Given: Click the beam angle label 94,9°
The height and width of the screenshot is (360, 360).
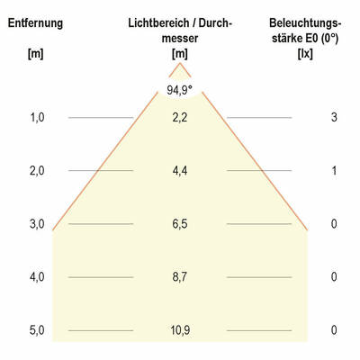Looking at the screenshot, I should (179, 89).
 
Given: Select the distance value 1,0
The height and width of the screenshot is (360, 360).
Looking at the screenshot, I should (37, 118).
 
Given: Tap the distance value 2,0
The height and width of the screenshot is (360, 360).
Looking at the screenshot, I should (37, 171).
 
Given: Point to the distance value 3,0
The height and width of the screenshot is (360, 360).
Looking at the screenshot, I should (37, 224).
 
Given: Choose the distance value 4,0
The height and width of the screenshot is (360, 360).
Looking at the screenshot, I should (37, 277).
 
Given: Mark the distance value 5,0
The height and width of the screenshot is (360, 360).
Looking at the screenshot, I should (37, 330).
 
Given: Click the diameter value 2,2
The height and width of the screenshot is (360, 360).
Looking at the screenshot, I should (180, 118).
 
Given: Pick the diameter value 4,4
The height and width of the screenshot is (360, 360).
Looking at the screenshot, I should (180, 171).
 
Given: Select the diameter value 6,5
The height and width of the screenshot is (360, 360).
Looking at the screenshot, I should (180, 224).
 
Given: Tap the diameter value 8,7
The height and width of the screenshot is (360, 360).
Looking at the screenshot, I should (180, 277).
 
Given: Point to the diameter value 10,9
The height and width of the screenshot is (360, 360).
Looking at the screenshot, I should (180, 330).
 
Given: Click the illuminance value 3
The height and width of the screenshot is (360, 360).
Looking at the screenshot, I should (334, 118).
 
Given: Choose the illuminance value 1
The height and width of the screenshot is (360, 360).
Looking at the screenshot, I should (334, 171).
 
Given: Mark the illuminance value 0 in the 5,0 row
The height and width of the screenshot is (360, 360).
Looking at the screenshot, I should (334, 330).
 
